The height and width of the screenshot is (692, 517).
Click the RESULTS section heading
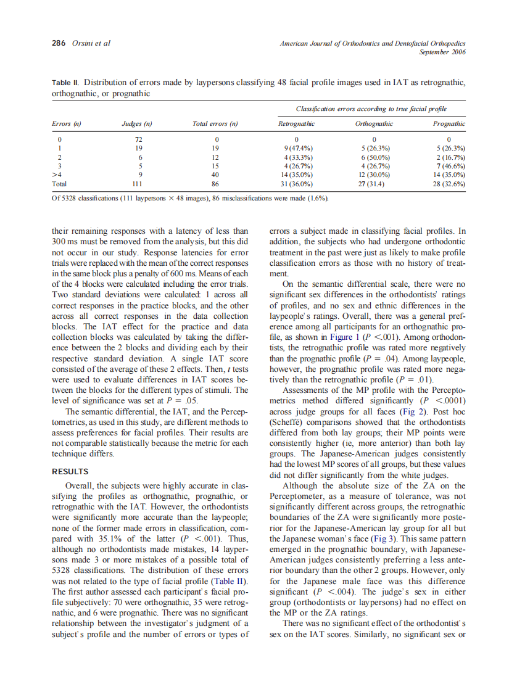70,472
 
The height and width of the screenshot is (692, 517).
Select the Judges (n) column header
137,124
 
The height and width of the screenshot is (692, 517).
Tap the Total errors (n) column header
215,124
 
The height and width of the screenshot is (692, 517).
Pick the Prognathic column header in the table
449,124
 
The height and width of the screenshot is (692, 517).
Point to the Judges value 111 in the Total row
137,184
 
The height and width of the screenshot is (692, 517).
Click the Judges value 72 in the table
137,140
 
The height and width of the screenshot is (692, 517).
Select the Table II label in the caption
66,83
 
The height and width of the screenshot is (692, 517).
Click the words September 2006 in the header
442,52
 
